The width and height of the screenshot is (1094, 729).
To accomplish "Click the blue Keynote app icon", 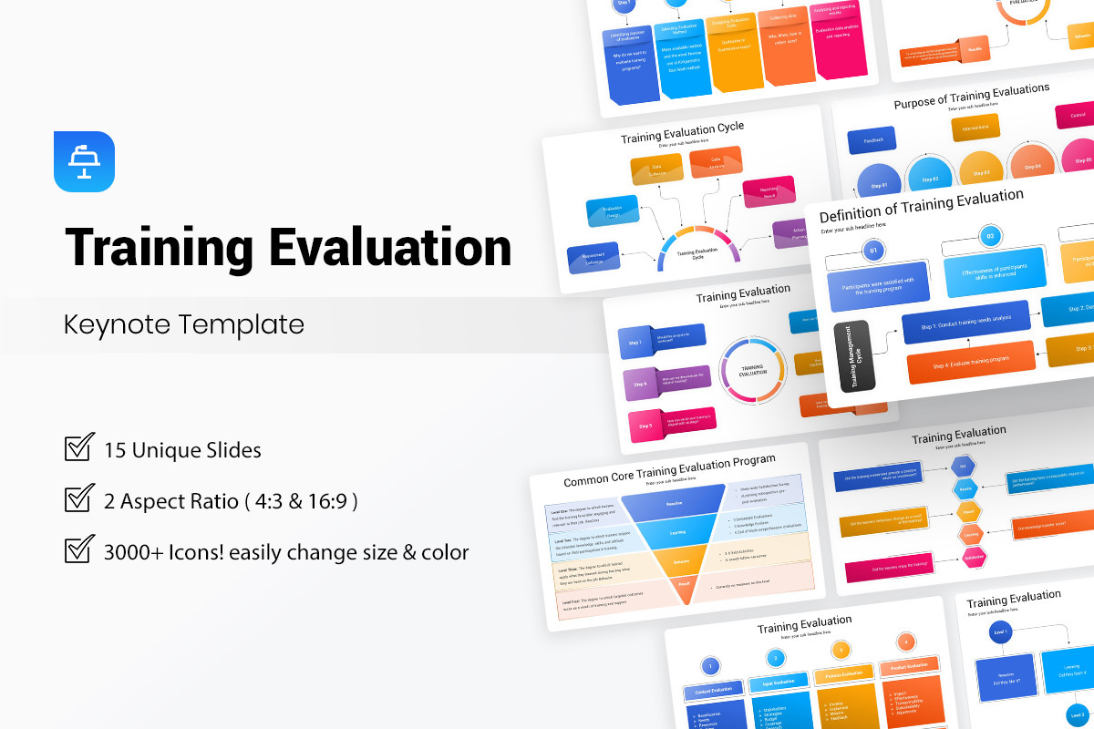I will coord(84,161).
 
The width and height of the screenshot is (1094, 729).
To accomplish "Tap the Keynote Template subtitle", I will coord(183,324).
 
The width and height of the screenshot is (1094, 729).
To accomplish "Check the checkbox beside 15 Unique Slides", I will coord(80,448).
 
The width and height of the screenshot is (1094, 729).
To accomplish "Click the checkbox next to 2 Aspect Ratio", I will coord(80,499).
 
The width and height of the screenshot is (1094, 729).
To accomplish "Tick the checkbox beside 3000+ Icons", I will coord(80,550).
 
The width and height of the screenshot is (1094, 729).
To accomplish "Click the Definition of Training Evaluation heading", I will coord(921,205).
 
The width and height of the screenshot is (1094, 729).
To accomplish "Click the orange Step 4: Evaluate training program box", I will coord(970,362).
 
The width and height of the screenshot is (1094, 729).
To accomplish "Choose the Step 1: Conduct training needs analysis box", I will coord(965,322).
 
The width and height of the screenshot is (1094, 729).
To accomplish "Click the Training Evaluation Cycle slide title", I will coord(682,133).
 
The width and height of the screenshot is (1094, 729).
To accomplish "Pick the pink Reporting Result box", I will coord(765,190).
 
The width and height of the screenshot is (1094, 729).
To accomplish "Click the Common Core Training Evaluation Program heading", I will coord(669,464).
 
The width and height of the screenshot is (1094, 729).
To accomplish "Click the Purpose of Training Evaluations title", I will coord(971,95).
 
